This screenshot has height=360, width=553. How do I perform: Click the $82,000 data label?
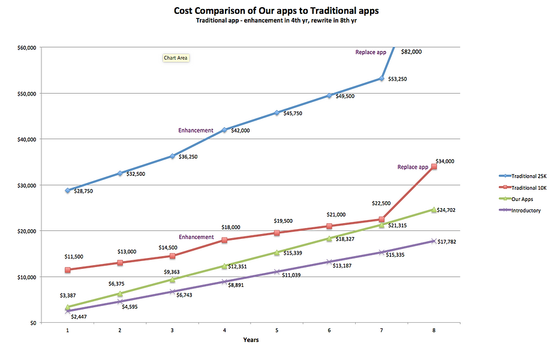411,52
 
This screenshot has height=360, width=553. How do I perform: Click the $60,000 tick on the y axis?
26,47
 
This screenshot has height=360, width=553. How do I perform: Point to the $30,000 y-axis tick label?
26,185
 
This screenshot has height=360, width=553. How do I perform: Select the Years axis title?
251,340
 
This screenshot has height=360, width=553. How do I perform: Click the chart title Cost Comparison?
276,11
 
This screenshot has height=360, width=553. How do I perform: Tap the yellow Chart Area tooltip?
176,58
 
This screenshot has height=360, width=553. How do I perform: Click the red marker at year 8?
434,167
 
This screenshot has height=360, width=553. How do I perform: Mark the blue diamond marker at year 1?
68,190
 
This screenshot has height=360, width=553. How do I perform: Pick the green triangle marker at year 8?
434,209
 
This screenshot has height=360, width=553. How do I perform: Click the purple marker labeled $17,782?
434,241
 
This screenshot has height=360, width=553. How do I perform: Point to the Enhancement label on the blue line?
196,130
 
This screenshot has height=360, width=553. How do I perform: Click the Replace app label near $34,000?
413,167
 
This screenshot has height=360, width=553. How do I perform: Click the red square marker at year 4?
224,240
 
